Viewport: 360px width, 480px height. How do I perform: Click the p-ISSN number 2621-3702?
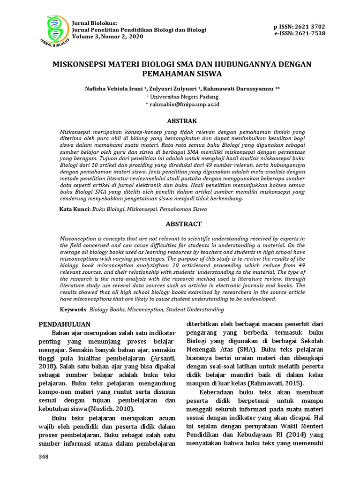tap(311, 26)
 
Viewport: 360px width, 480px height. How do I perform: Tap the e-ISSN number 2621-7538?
tap(311, 33)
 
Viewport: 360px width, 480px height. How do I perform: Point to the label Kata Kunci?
tap(75, 209)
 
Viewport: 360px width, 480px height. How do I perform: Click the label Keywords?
tap(73, 309)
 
